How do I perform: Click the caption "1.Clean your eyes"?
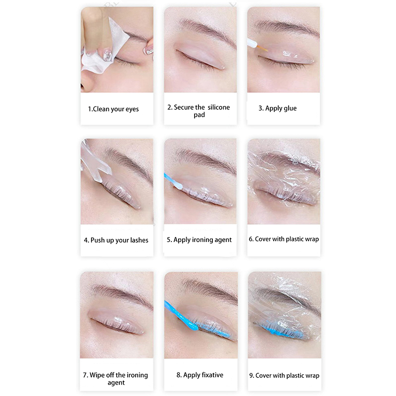coord(113,109)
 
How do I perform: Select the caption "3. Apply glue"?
coord(278,108)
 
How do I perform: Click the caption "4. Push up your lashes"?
coord(116,240)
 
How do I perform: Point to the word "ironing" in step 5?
coord(201,240)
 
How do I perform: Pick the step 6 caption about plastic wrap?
coord(284,239)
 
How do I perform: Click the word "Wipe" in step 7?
coord(96,375)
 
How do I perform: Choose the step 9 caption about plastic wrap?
coord(284,376)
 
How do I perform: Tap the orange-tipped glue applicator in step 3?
coord(256,46)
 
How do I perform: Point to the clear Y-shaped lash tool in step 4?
coord(95,164)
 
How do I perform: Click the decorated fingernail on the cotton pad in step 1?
coord(107,54)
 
